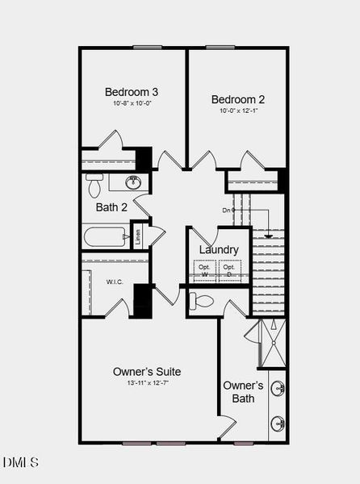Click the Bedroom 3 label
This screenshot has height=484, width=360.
coord(133,91)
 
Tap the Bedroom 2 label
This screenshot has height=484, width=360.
coord(238,99)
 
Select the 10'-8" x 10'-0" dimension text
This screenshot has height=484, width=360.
coord(133,103)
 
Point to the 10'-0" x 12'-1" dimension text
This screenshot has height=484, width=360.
coord(238,111)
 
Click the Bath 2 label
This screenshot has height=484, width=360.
coord(111,207)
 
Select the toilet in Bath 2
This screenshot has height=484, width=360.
coord(94,186)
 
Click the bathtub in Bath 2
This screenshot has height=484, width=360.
coord(105,237)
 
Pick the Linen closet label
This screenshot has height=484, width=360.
coord(139,236)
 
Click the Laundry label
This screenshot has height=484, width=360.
coord(219,250)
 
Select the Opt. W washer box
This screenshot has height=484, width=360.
coord(205,270)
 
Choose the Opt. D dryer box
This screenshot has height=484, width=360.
coord(230,270)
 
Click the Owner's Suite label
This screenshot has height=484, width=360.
coord(147,372)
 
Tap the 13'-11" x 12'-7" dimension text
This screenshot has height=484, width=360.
coord(147,383)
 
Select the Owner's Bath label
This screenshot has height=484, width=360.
coord(243,392)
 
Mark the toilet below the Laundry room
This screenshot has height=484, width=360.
coord(202,302)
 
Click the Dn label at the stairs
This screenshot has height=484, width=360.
coord(228,211)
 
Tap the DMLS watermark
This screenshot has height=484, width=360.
coord(21,463)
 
